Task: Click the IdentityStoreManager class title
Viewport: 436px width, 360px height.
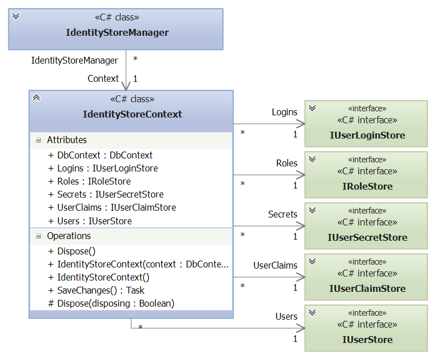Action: click(117, 32)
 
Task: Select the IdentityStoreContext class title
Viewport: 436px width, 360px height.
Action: click(132, 114)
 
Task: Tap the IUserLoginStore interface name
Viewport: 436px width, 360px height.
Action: click(367, 135)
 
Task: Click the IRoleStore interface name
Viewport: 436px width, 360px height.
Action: click(367, 186)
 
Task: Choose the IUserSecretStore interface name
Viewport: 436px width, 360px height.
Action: click(367, 237)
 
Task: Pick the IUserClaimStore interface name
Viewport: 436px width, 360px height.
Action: click(367, 288)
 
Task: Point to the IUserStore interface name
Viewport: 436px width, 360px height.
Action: click(367, 340)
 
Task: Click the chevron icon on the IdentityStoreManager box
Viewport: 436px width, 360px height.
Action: click(16, 16)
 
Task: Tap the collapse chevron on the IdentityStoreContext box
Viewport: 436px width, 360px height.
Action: click(36, 98)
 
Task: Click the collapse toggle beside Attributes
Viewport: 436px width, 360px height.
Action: click(38, 140)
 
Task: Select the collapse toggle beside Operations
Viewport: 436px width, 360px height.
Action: click(38, 236)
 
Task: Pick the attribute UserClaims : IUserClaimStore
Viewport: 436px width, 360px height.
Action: click(116, 208)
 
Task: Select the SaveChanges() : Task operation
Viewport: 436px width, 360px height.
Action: click(101, 290)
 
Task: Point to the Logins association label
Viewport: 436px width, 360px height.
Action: click(284, 112)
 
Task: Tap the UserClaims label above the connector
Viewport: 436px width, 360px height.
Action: click(275, 265)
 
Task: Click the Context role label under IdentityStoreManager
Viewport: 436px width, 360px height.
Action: click(103, 78)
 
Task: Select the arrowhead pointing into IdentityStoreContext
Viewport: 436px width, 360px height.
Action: click(125, 86)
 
